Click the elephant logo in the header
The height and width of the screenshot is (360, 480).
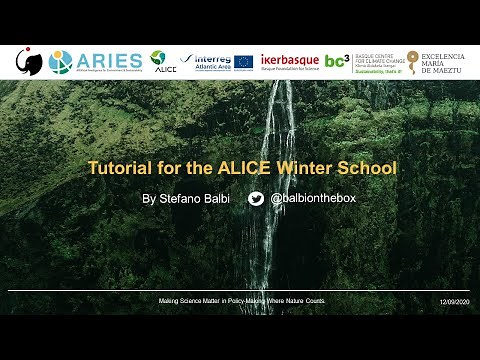(29, 62)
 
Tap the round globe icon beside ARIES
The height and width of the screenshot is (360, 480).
(61, 62)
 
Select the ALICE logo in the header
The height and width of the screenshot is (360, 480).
(159, 62)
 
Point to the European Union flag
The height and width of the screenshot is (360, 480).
(244, 62)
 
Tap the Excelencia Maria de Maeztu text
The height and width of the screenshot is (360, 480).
(444, 62)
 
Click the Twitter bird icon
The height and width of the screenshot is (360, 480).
(256, 199)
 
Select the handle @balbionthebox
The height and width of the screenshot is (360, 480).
(313, 199)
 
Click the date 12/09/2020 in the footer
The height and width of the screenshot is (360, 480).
(453, 301)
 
